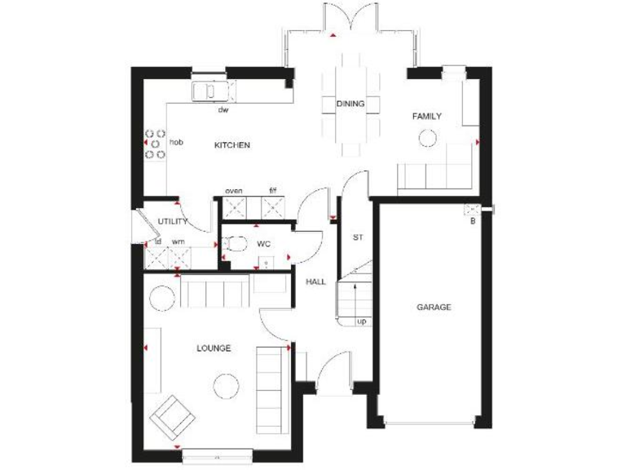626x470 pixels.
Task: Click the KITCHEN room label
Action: pyautogui.click(x=231, y=145)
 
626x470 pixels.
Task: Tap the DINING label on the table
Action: pyautogui.click(x=350, y=104)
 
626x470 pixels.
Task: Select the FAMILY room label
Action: pyautogui.click(x=426, y=117)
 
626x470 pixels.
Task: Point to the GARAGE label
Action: pyautogui.click(x=434, y=308)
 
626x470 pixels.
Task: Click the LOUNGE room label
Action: pyautogui.click(x=214, y=348)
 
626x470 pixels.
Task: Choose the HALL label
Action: pyautogui.click(x=315, y=282)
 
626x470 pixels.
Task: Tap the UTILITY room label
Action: pyautogui.click(x=173, y=221)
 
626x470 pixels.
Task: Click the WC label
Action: pyautogui.click(x=263, y=244)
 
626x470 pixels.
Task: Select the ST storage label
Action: pyautogui.click(x=357, y=238)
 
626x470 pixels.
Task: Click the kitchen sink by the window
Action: pyautogui.click(x=209, y=90)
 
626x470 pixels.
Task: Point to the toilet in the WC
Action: pyautogui.click(x=237, y=243)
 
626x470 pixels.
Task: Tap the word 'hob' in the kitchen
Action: pyautogui.click(x=176, y=142)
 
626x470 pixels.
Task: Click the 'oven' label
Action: pyautogui.click(x=234, y=191)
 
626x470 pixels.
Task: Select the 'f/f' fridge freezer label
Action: pyautogui.click(x=273, y=191)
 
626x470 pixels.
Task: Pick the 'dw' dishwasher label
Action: pyautogui.click(x=222, y=109)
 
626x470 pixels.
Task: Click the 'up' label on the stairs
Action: pyautogui.click(x=360, y=321)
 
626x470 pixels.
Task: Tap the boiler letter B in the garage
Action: pyautogui.click(x=472, y=219)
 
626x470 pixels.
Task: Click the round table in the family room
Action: pyautogui.click(x=428, y=139)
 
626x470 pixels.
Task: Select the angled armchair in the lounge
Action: pyautogui.click(x=172, y=416)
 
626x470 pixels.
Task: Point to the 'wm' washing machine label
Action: pyautogui.click(x=178, y=242)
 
